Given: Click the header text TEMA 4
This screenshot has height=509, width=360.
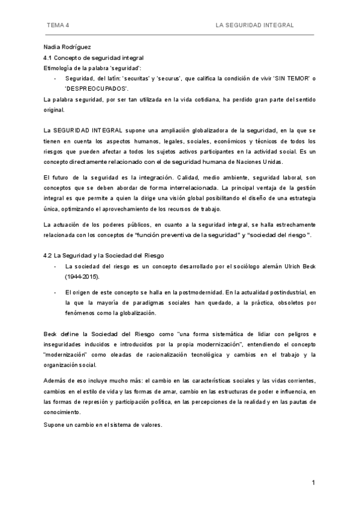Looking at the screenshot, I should point(58,25).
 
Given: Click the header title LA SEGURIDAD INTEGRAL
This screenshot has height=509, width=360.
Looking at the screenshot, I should point(255,25).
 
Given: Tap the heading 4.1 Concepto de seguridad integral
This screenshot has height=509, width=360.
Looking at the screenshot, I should point(94,58).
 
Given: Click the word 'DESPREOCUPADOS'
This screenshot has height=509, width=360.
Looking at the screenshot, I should point(97,88).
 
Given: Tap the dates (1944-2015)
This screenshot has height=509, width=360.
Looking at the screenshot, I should point(82,277).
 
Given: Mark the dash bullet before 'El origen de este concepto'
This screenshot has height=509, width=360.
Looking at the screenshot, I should point(56,292).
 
